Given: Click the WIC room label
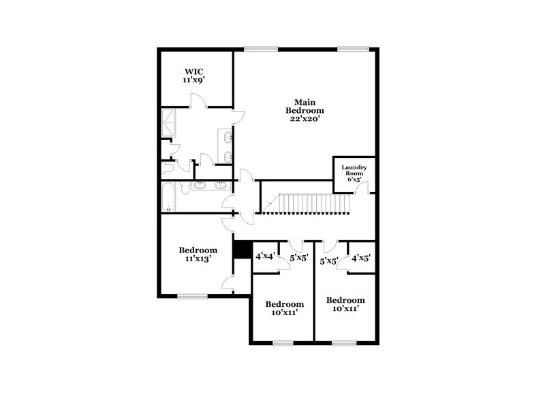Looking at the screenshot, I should (x=193, y=71).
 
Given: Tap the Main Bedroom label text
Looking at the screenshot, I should (x=305, y=106).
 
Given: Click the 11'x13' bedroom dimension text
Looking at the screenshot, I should (x=198, y=260).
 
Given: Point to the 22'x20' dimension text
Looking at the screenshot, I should (x=305, y=119).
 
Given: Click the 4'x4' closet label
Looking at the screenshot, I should (x=265, y=257).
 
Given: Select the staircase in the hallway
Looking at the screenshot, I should (x=310, y=203).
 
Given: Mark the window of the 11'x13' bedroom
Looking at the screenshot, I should (x=192, y=296).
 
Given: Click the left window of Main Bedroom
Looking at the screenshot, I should (x=261, y=48).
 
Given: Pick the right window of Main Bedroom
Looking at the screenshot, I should (x=353, y=48).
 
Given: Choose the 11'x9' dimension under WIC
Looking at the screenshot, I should (x=193, y=80).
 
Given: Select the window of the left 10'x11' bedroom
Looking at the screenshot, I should (x=283, y=343).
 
